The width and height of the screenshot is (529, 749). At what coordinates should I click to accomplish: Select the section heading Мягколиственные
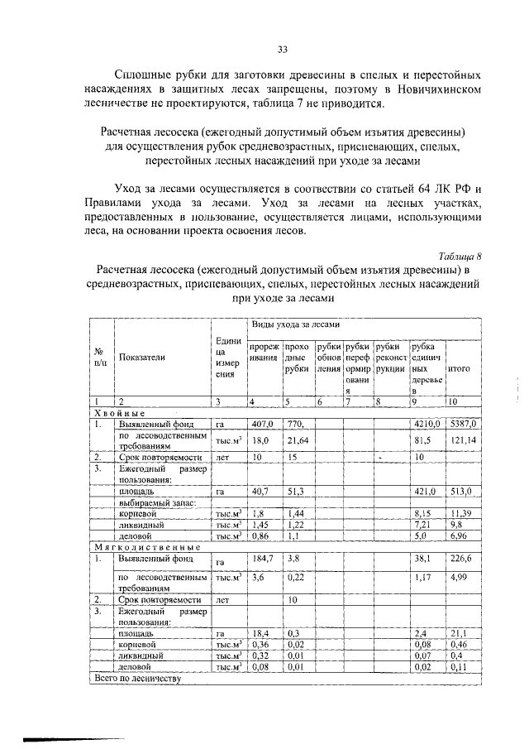(145, 547)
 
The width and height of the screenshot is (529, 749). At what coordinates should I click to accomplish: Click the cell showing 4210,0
(427, 423)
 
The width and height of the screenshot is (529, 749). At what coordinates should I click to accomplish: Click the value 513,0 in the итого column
(461, 490)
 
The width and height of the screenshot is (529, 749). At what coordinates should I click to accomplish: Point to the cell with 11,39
(461, 513)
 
